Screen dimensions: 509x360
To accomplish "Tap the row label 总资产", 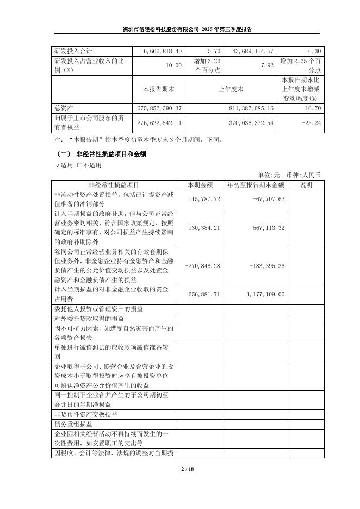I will click(x=64, y=108).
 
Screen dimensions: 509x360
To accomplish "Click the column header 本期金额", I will click(x=201, y=185).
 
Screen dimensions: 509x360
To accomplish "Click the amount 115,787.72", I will click(x=201, y=199).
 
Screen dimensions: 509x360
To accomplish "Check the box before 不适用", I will click(x=79, y=165).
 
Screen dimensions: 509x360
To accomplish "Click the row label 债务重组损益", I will click(x=73, y=424).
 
